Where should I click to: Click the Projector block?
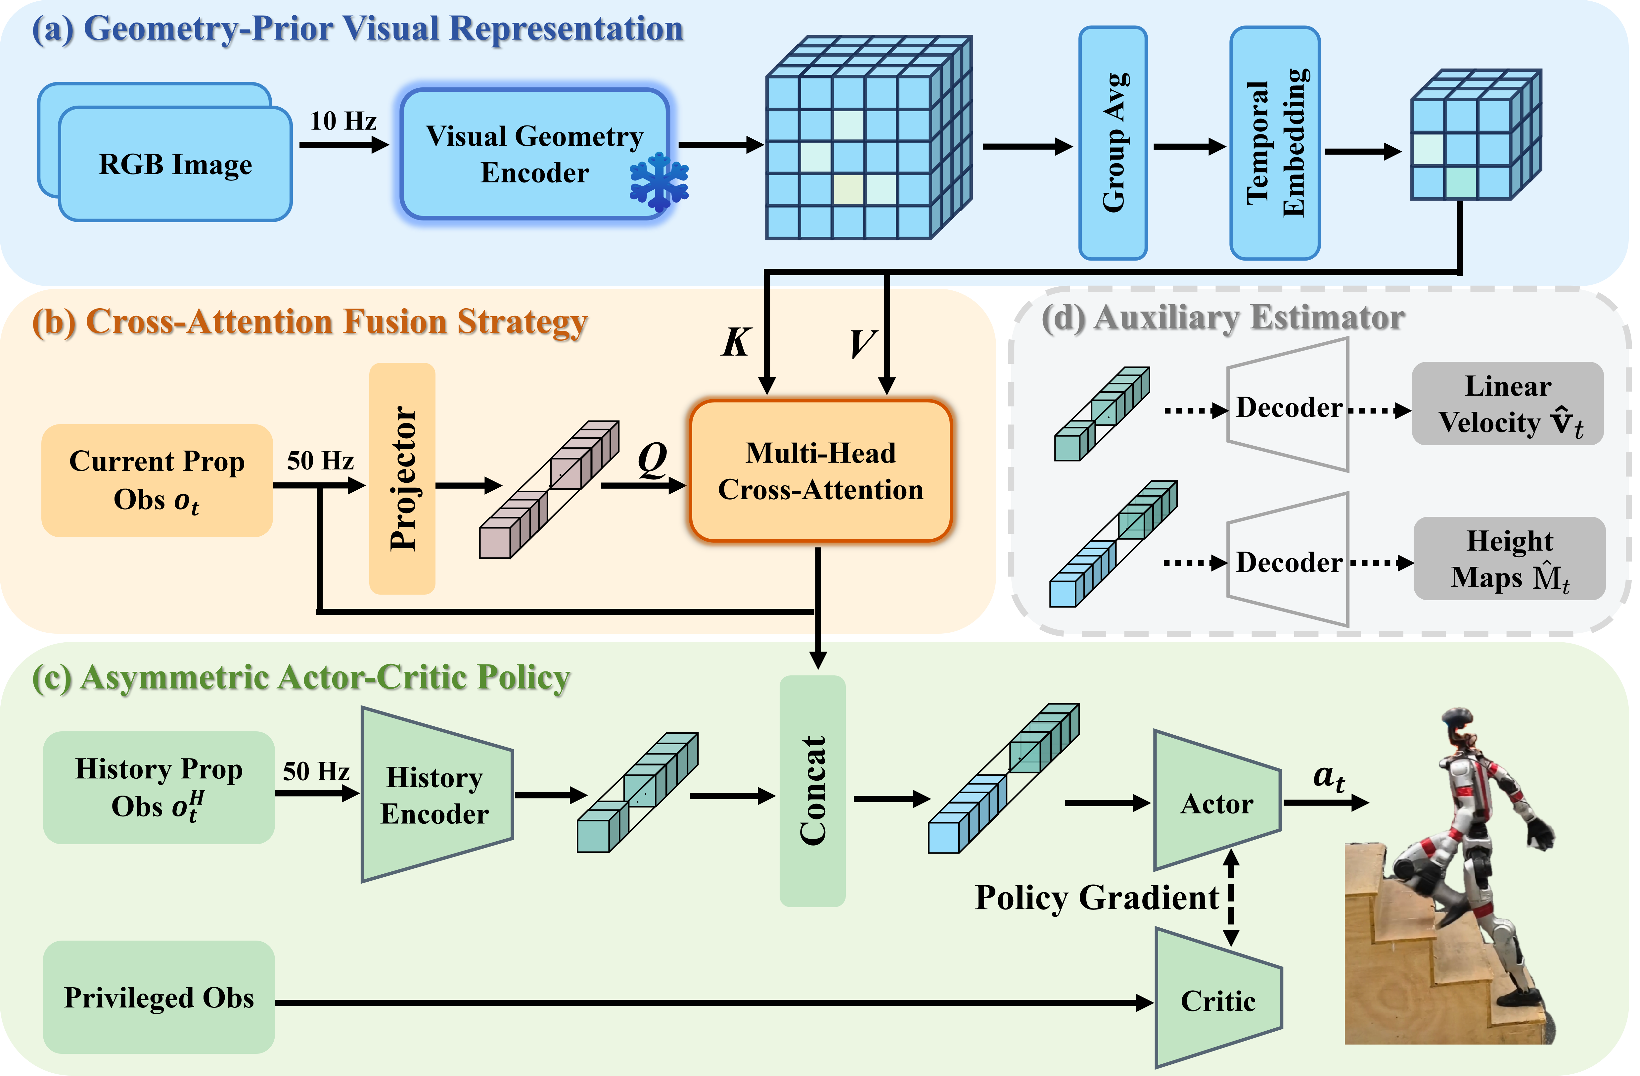click(x=402, y=478)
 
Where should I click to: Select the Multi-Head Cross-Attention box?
click(x=821, y=471)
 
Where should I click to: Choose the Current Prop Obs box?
click(x=157, y=480)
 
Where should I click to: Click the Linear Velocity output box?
click(x=1508, y=404)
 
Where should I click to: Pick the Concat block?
click(x=812, y=791)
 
